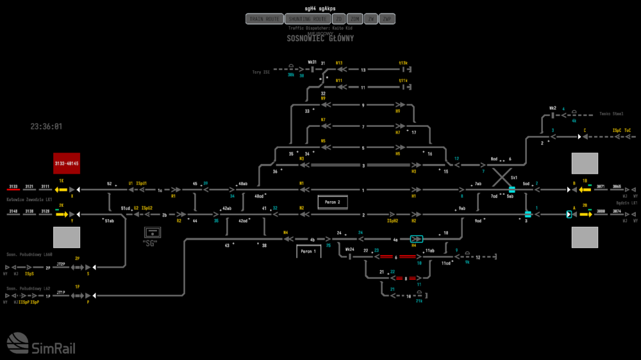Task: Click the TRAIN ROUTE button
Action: click(264, 19)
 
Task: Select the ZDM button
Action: click(356, 19)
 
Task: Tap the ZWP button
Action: click(387, 19)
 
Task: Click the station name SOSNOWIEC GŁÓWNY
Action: click(320, 38)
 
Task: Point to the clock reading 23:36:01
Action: click(46, 127)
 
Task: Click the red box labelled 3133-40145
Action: click(67, 163)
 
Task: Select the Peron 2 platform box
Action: click(332, 202)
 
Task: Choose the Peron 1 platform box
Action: click(308, 252)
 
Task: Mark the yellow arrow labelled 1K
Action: click(61, 190)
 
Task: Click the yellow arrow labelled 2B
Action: click(585, 214)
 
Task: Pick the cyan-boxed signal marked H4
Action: click(417, 239)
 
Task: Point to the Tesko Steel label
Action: click(611, 114)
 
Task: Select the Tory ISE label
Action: click(261, 72)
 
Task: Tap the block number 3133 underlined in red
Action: click(13, 186)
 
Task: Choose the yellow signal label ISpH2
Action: click(393, 220)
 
